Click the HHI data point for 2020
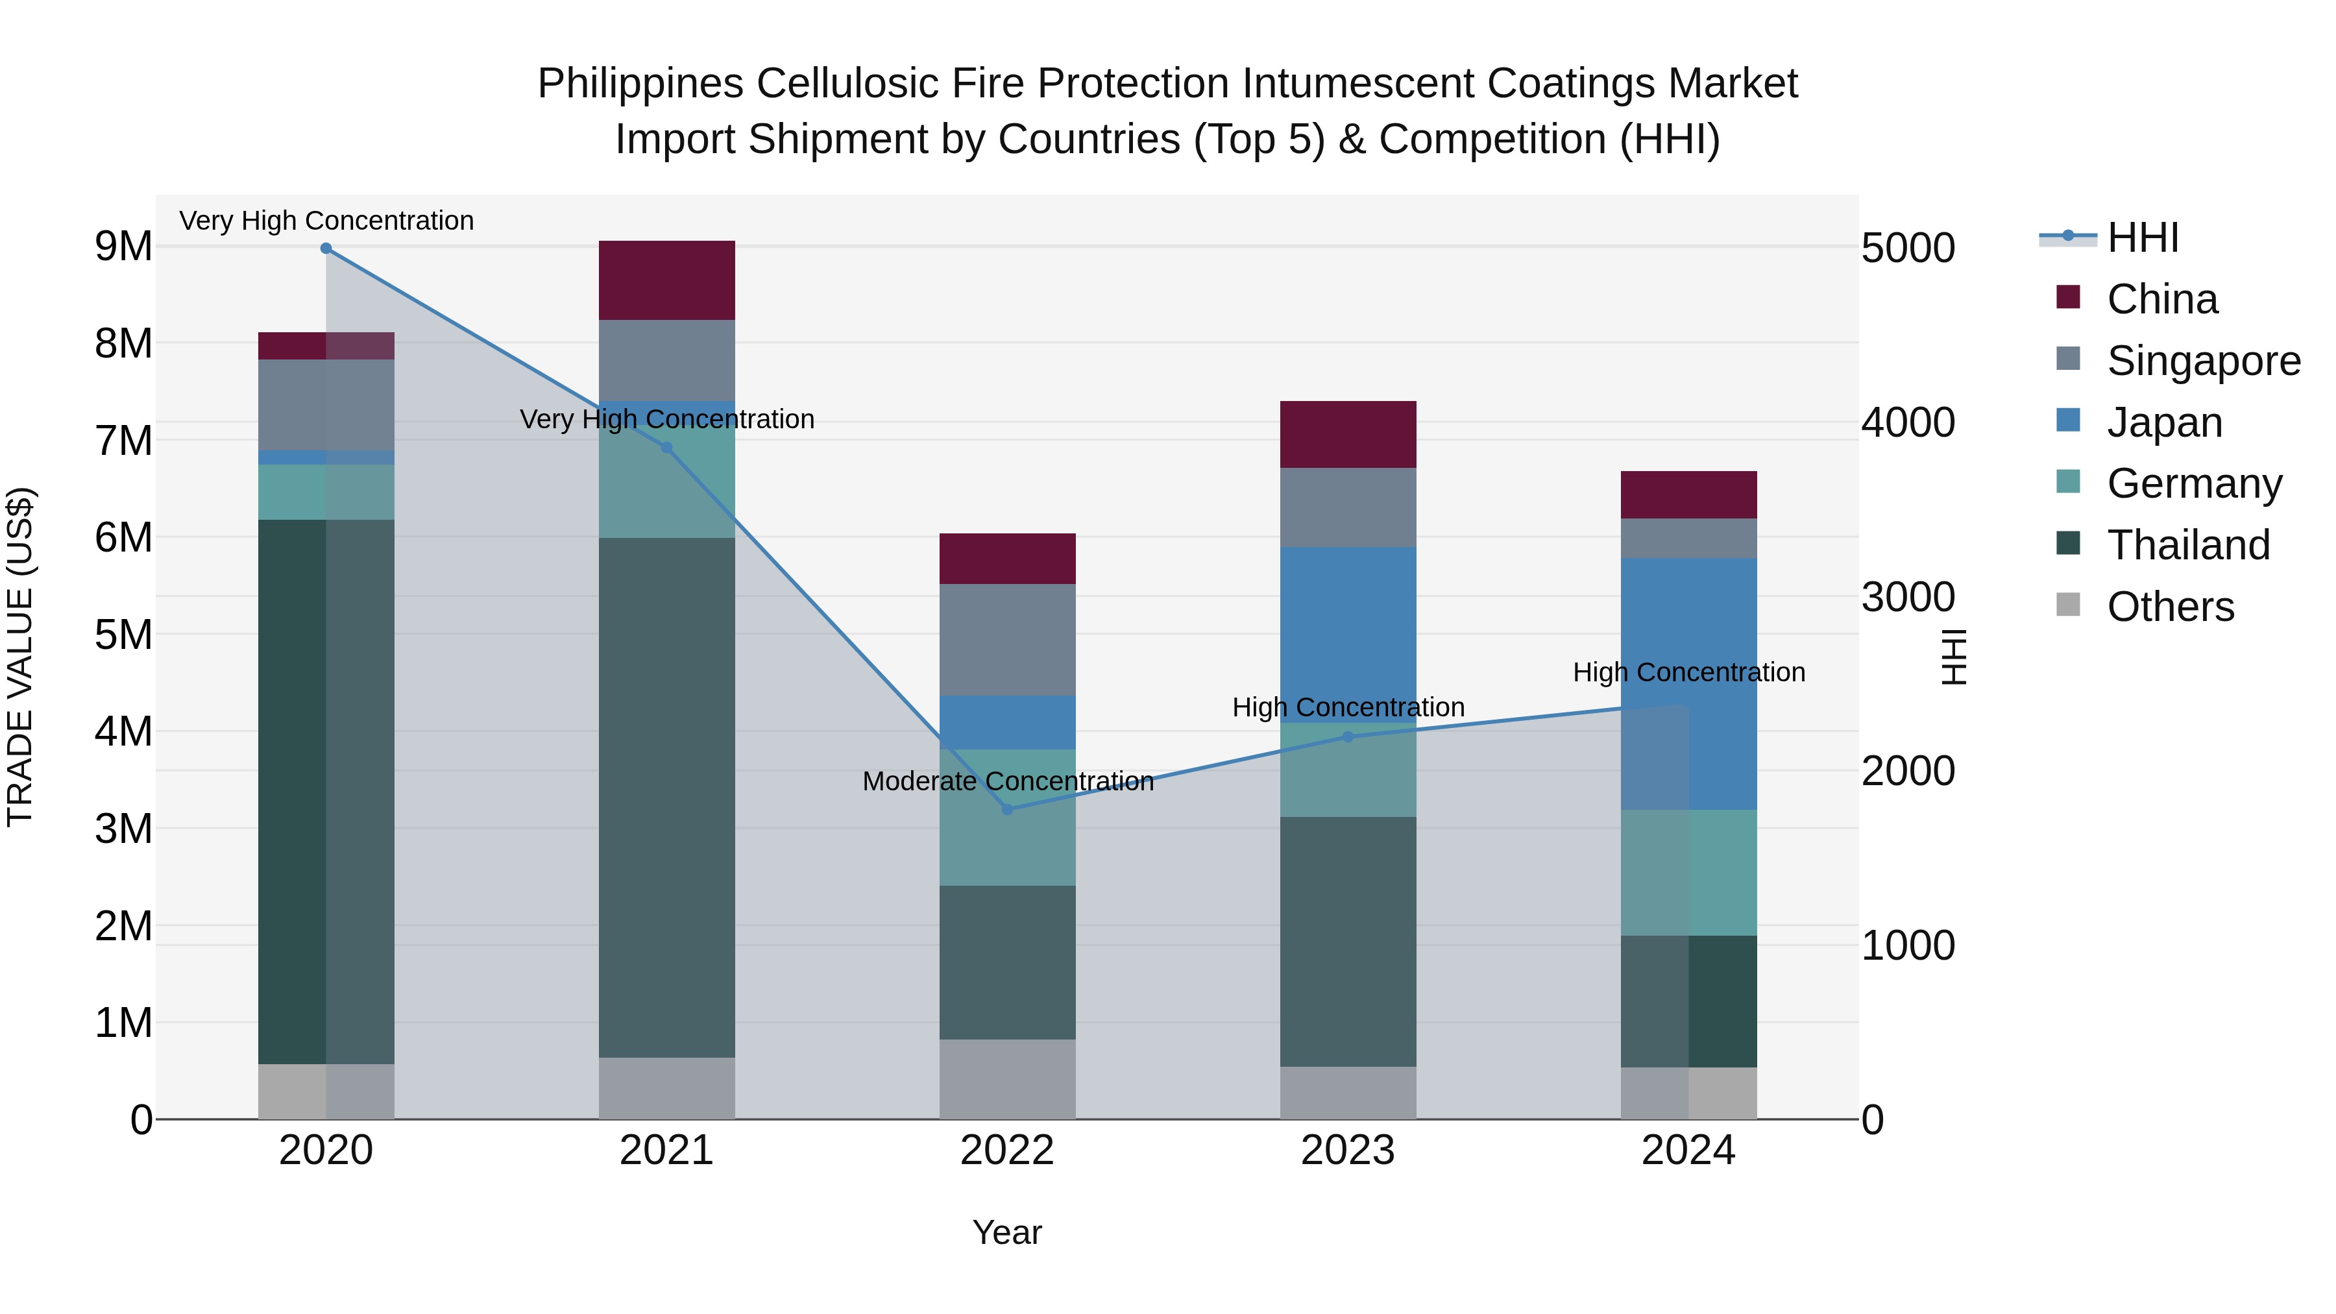click(326, 249)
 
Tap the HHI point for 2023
click(1348, 737)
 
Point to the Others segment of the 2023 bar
click(1348, 1093)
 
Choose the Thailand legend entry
click(2187, 545)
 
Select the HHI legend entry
click(2142, 237)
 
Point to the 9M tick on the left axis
click(123, 247)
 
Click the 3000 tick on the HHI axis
click(1908, 597)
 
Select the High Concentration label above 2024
click(1688, 672)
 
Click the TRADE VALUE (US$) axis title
click(20, 657)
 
